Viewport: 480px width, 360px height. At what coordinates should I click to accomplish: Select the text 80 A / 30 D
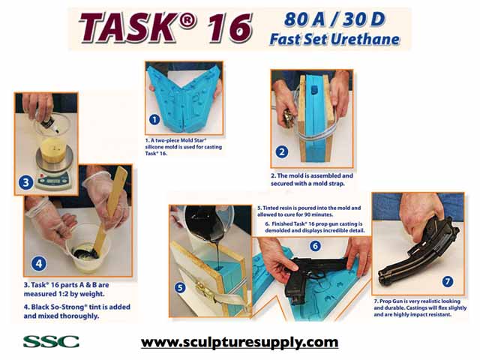tap(331, 19)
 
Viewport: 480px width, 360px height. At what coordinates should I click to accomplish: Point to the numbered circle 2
tap(282, 151)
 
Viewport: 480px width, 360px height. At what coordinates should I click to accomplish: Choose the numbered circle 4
tap(37, 263)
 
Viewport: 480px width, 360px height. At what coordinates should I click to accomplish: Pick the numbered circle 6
tap(315, 245)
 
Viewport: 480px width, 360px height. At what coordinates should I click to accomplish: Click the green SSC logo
tap(51, 342)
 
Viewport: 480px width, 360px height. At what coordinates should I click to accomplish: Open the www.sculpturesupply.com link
tap(240, 343)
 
